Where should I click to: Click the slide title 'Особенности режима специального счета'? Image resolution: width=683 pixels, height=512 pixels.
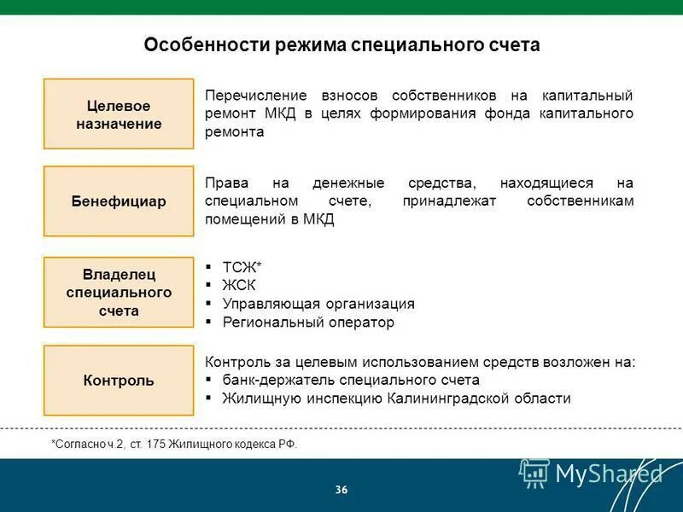(x=341, y=44)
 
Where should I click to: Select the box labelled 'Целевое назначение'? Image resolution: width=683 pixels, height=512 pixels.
(x=119, y=114)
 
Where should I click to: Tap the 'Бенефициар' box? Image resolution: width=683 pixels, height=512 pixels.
(x=119, y=201)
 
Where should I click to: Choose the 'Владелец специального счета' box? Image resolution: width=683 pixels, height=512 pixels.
(x=119, y=292)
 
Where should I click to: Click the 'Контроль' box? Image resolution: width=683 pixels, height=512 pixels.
(x=119, y=381)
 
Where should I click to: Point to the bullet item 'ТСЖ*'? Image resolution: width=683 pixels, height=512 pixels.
(x=242, y=266)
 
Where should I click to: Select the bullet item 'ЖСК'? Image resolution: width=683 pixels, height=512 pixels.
(x=239, y=285)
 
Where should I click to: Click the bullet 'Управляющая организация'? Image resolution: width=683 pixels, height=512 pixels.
(x=318, y=304)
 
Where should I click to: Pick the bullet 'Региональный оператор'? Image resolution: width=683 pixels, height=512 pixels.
(x=308, y=323)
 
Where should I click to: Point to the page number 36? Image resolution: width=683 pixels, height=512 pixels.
(x=341, y=490)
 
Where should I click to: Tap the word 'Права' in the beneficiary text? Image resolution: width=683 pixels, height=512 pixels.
(x=224, y=183)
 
